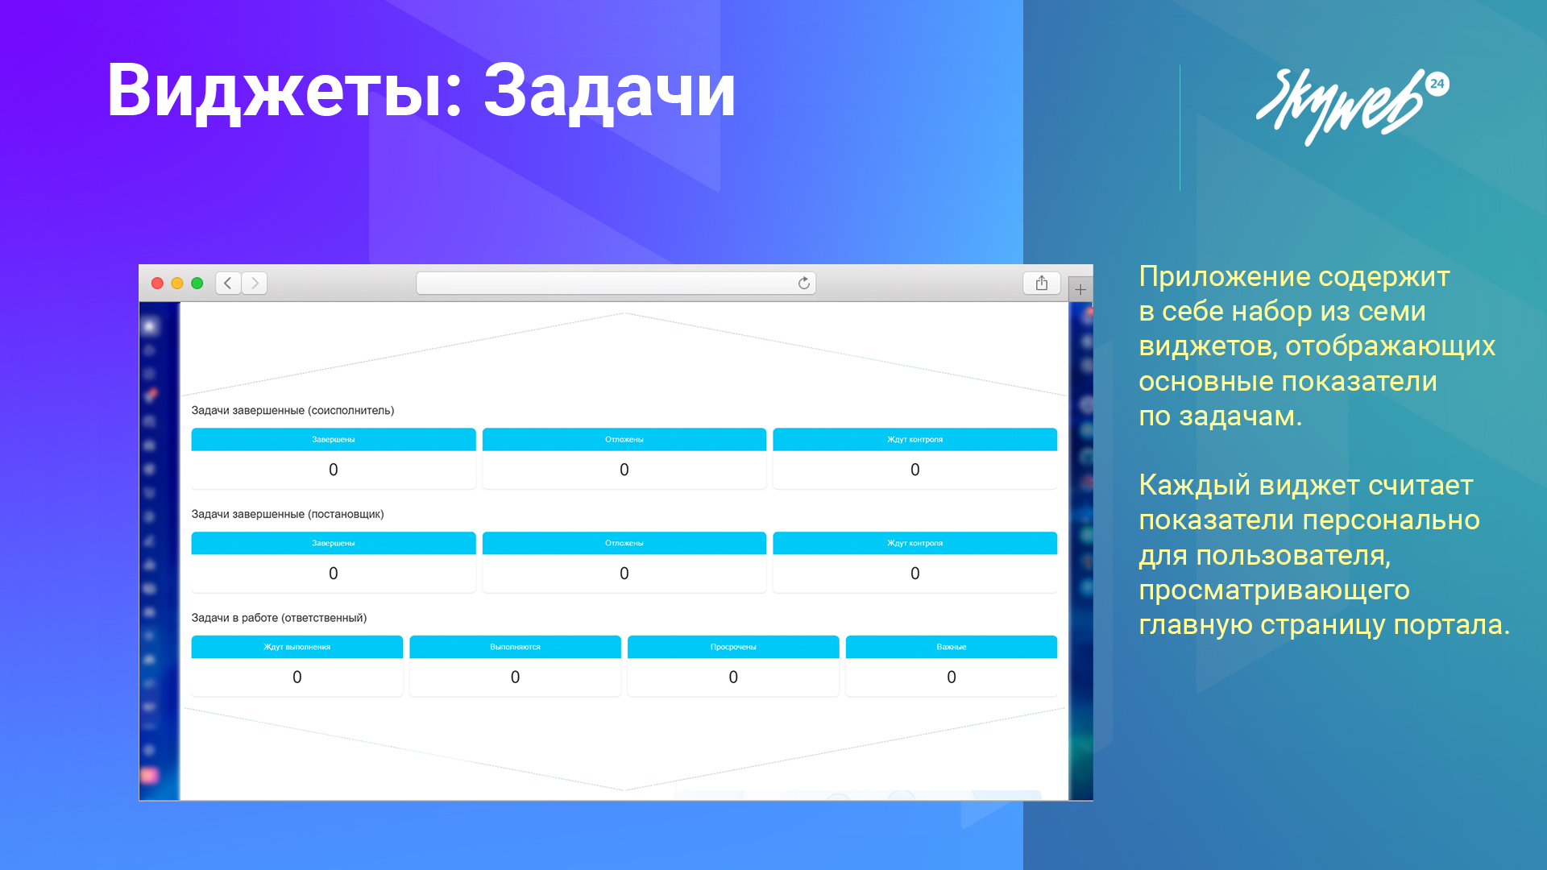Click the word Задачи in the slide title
coord(609,91)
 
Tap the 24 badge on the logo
coord(1437,84)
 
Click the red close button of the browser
coord(157,283)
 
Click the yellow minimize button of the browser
coord(177,283)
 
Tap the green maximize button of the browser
coord(197,283)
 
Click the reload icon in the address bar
coord(803,283)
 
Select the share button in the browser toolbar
coord(1042,283)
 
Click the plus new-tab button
coord(1080,289)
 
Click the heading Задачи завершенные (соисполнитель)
coord(292,410)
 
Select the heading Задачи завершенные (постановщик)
coord(288,514)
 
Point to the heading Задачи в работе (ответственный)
coord(279,618)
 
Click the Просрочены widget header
coord(733,647)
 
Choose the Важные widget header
coord(952,647)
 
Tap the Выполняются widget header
coord(515,647)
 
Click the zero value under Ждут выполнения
coord(297,677)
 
